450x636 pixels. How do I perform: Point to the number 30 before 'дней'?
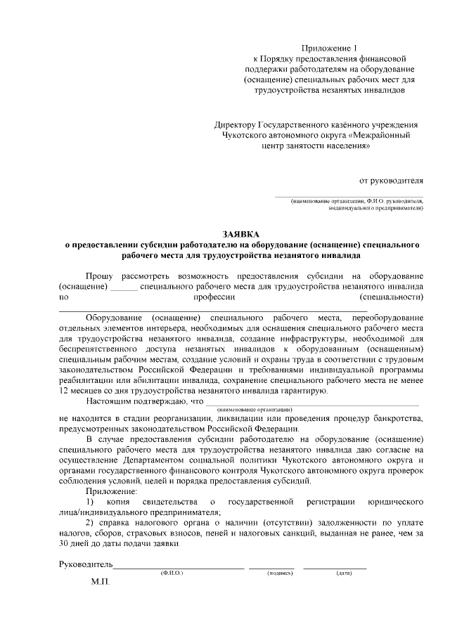pos(64,543)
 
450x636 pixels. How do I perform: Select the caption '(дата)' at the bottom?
pos(344,574)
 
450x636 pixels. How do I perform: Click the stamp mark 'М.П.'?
pos(100,583)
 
